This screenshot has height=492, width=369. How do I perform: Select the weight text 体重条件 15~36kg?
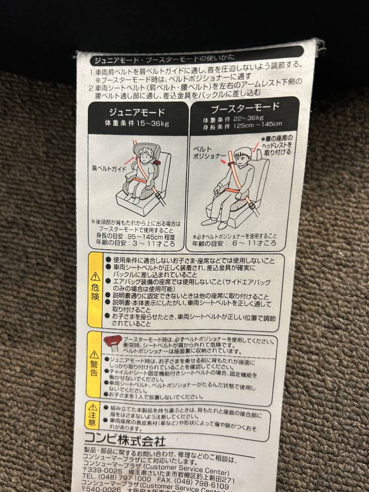(136, 123)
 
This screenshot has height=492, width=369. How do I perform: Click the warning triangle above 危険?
(95, 276)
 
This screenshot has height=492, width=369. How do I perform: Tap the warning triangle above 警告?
(95, 354)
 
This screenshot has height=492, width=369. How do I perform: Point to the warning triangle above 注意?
(94, 407)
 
